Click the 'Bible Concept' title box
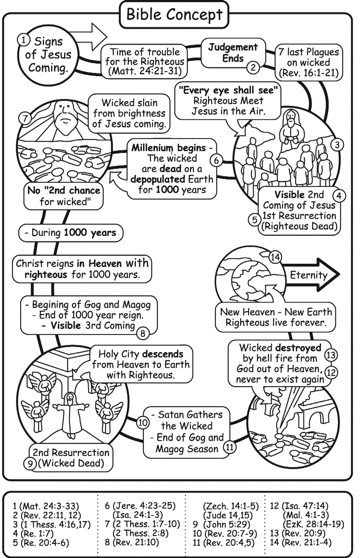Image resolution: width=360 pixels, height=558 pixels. (174, 15)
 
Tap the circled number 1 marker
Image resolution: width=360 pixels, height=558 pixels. (24, 40)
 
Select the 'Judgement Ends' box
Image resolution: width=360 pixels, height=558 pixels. (233, 53)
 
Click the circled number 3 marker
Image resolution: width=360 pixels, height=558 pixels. (337, 145)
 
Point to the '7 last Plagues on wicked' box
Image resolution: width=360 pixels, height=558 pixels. (309, 63)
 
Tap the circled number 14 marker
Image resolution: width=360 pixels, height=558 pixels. (275, 257)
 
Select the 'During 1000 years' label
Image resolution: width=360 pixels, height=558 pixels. (71, 233)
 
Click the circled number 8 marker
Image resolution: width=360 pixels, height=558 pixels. (143, 333)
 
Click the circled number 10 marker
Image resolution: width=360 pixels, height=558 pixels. (143, 423)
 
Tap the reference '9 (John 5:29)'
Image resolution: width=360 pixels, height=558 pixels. (221, 524)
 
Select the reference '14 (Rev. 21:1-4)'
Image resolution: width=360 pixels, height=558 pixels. (301, 542)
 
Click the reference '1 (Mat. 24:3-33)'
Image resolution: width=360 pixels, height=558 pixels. (46, 506)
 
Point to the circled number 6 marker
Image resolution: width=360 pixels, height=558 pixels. (216, 160)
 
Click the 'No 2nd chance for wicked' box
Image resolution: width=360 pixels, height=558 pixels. (63, 196)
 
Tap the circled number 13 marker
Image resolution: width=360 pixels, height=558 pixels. (331, 355)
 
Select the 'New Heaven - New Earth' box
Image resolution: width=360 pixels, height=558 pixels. (276, 317)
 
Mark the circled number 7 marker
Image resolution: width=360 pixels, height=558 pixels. (25, 119)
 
